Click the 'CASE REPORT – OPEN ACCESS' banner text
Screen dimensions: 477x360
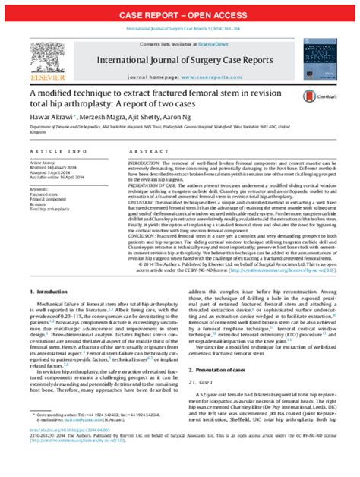[180, 15]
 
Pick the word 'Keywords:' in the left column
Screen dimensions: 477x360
[41, 188]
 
